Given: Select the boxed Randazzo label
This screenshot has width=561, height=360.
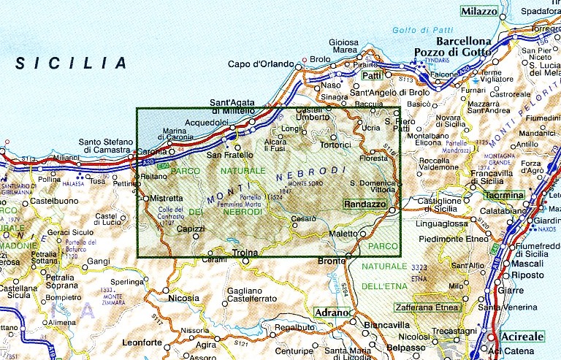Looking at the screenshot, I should pyautogui.click(x=364, y=206).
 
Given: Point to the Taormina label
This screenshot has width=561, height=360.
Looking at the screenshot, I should pyautogui.click(x=505, y=196).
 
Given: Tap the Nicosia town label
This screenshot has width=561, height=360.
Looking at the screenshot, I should pyautogui.click(x=183, y=298).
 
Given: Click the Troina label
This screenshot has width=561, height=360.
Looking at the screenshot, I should pyautogui.click(x=245, y=253).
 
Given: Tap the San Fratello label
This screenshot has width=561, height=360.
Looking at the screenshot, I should pyautogui.click(x=229, y=155).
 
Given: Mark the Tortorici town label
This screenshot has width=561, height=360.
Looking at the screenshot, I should pyautogui.click(x=337, y=145).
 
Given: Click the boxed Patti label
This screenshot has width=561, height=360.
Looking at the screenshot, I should pyautogui.click(x=373, y=76).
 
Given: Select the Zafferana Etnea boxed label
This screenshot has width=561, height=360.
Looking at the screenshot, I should pyautogui.click(x=428, y=307).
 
